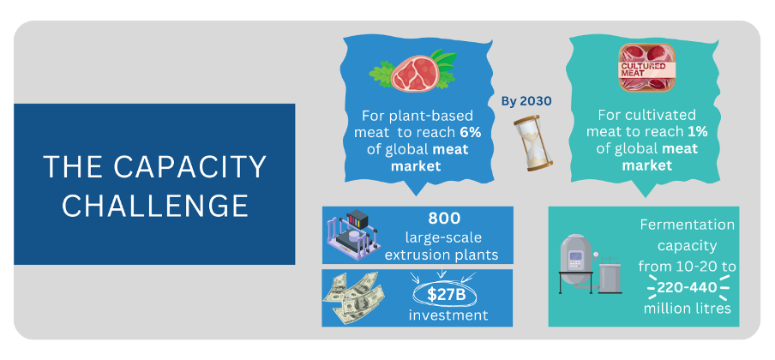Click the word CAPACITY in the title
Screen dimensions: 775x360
coord(189,166)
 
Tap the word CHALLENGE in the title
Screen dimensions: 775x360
coord(154,206)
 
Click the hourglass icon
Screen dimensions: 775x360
coord(533,143)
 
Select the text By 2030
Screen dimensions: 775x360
coord(526,101)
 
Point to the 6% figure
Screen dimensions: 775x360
coord(471,133)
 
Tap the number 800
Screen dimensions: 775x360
coord(444,218)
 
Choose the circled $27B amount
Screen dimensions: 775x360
coord(444,295)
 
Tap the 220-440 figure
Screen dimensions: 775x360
coord(688,287)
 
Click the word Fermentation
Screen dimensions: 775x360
coord(688,225)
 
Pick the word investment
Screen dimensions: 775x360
coord(448,315)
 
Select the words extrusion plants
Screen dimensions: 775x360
coord(441,255)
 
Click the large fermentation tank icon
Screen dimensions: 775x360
coord(576,266)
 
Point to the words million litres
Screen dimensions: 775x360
coord(687,309)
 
